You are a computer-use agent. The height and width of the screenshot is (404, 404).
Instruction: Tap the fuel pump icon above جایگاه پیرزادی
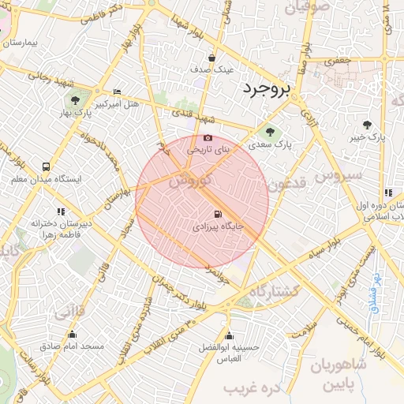(217, 214)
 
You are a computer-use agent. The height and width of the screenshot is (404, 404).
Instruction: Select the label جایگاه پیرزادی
(217, 226)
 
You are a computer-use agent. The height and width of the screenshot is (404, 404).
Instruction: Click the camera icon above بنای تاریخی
(208, 138)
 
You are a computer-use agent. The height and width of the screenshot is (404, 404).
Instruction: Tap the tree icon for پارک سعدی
(271, 132)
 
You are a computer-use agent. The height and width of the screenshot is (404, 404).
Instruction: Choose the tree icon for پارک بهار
(75, 100)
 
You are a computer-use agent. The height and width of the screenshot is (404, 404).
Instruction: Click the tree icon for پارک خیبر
(367, 124)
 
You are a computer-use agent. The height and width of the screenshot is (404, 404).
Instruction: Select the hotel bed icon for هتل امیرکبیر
(118, 92)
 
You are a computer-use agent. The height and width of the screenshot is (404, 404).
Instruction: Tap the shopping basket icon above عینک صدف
(212, 58)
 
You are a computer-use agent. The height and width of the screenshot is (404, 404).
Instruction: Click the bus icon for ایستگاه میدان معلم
(47, 166)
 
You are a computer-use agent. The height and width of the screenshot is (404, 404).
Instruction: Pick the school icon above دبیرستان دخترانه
(61, 211)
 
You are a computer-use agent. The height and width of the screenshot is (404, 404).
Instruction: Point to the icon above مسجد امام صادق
(69, 335)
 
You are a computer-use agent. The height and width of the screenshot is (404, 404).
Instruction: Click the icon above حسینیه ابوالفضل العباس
(230, 335)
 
